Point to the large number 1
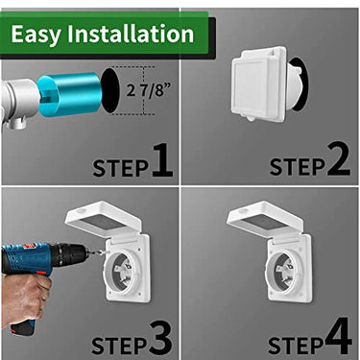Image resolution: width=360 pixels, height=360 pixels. [x=162, y=160]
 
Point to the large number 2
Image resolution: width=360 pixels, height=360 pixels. [x=337, y=160]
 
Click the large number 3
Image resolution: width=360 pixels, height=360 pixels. [x=160, y=338]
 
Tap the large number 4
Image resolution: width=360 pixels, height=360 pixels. [x=337, y=338]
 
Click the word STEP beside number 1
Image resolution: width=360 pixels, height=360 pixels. [x=120, y=168]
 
